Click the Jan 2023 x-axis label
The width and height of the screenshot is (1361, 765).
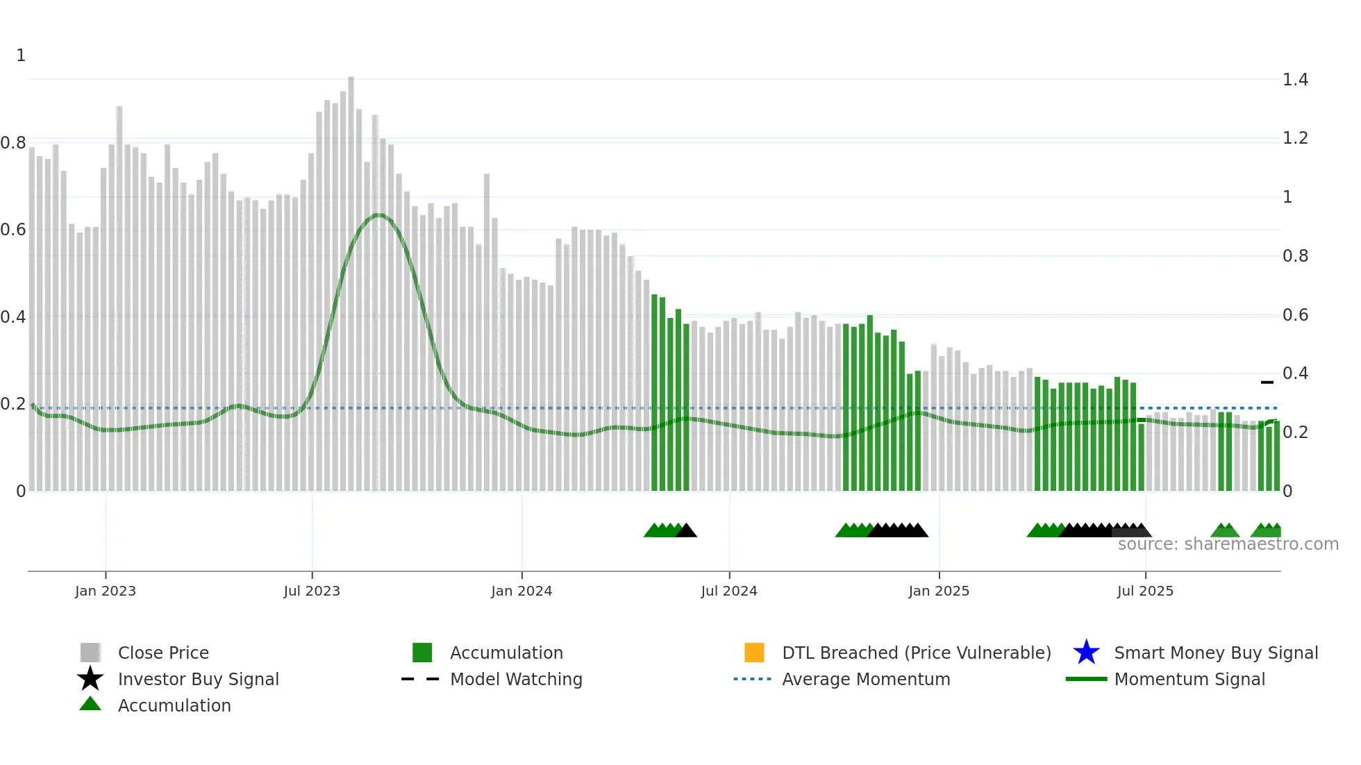point(106,591)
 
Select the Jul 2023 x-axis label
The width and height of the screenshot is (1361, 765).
point(312,591)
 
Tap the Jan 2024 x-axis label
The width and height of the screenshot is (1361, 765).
point(521,591)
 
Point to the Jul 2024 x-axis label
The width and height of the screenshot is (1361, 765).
point(729,591)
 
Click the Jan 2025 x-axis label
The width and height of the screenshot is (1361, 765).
point(939,591)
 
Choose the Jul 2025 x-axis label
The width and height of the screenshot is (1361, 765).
point(1145,591)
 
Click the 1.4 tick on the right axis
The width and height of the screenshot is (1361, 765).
point(1295,80)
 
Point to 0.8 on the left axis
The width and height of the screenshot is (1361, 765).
point(13,143)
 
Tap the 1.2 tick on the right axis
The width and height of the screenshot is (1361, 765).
point(1295,138)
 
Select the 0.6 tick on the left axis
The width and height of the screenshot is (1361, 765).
point(13,230)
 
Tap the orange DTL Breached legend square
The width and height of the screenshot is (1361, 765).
point(754,653)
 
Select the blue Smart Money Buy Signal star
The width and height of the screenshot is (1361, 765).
point(1086,653)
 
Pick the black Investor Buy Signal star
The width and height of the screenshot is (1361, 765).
point(90,679)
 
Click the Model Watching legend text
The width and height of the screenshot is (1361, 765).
point(516,679)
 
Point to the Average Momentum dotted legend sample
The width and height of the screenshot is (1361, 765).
point(752,679)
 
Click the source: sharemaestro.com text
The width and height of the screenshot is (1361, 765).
point(1228,544)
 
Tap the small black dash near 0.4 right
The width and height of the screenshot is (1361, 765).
point(1267,382)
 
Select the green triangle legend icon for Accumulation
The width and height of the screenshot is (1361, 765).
point(90,705)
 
